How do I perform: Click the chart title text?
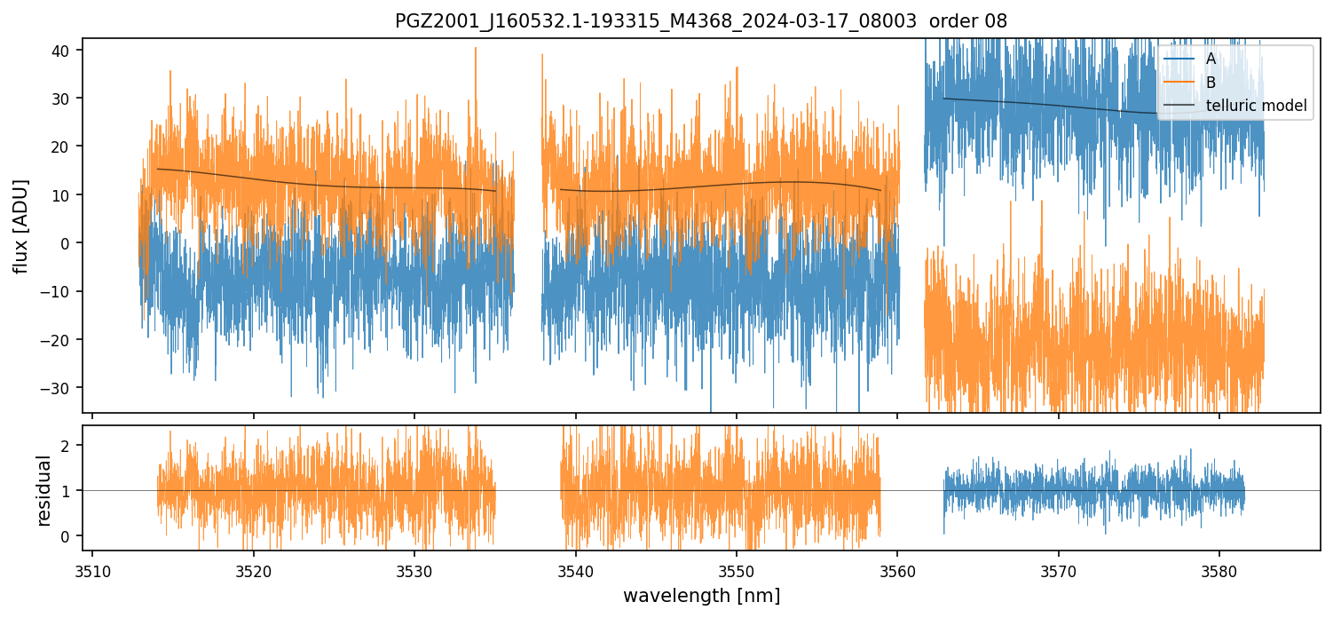click(x=700, y=21)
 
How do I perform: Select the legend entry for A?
click(x=1211, y=59)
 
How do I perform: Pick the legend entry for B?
click(x=1211, y=83)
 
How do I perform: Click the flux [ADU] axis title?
click(x=20, y=226)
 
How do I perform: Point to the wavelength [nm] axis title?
click(x=701, y=596)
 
